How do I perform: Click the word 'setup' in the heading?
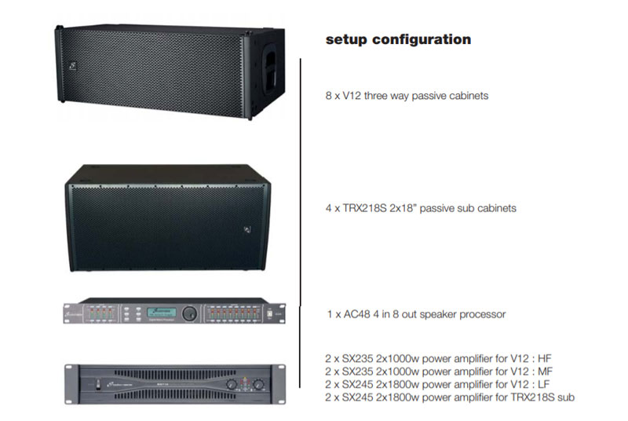click(345, 39)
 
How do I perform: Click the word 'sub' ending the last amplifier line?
click(566, 397)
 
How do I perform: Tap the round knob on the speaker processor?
click(188, 313)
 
